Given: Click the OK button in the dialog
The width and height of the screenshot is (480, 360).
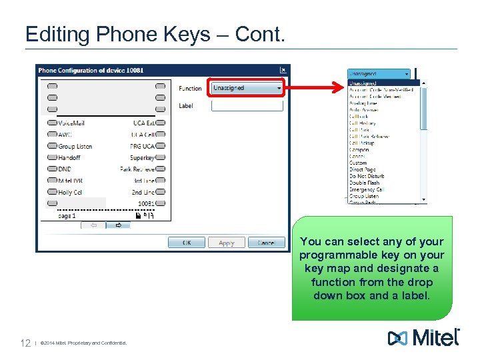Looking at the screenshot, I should click(x=187, y=243).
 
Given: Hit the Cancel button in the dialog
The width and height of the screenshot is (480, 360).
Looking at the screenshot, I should click(x=266, y=243).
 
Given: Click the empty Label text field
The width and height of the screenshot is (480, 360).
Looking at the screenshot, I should click(x=247, y=106).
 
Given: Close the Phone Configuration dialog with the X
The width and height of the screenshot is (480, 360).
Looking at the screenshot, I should click(x=283, y=70).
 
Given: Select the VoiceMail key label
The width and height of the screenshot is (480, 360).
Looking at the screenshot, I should click(x=71, y=123).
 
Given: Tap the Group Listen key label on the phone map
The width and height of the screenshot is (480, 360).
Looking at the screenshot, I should click(x=75, y=146).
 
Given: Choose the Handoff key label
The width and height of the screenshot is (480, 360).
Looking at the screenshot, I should click(x=69, y=157).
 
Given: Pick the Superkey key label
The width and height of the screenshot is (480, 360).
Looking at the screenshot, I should click(x=142, y=157).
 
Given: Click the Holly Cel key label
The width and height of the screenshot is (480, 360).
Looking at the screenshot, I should click(x=70, y=192).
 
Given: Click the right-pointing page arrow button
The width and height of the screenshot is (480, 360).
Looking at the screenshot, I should click(x=119, y=225).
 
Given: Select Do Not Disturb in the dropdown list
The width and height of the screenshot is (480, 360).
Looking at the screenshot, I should click(x=367, y=176).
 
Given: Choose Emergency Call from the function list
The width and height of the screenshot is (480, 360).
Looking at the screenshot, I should click(x=367, y=189).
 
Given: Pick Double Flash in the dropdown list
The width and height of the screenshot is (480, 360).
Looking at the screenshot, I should click(x=364, y=183).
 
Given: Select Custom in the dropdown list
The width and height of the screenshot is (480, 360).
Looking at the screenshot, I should click(x=358, y=163).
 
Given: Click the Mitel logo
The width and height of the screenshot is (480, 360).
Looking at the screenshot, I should click(x=423, y=338).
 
